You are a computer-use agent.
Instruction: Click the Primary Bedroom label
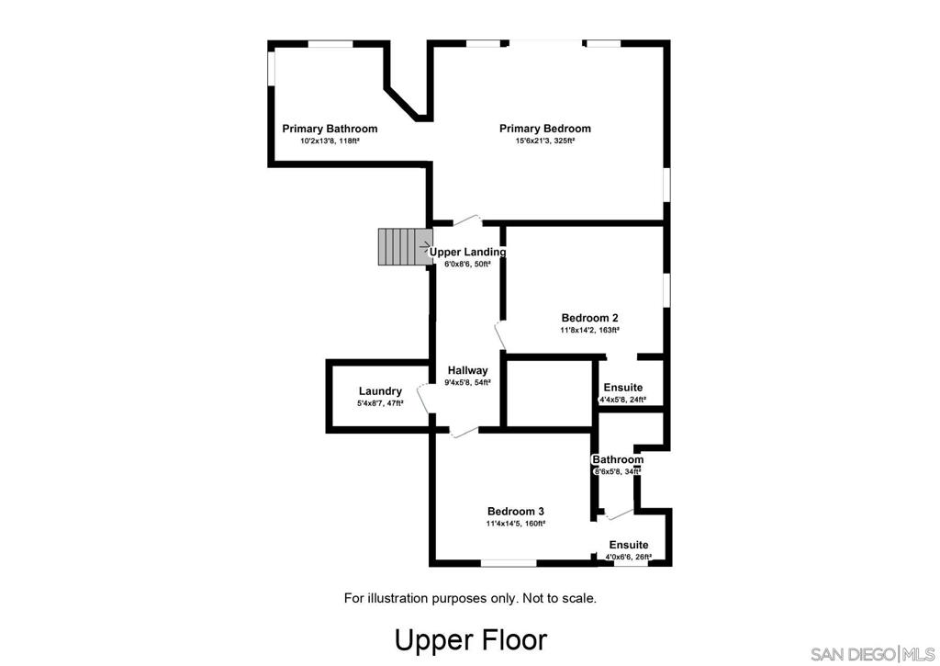(544, 129)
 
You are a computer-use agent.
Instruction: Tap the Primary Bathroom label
(330, 129)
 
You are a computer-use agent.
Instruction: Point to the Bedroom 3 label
(516, 512)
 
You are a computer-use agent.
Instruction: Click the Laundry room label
(380, 391)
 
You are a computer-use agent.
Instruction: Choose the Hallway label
(468, 370)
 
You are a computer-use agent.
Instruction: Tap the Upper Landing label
(468, 252)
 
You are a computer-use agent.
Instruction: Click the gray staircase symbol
(402, 247)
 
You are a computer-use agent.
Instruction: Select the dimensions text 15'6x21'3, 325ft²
(544, 141)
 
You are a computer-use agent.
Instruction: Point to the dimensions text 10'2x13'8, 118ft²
(330, 141)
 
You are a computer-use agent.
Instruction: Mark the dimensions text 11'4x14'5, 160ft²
(516, 524)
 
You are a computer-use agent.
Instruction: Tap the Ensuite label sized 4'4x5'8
(622, 388)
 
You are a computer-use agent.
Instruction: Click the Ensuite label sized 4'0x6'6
(629, 545)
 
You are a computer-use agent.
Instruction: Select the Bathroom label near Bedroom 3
(618, 459)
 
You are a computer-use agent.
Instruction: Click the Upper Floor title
(471, 639)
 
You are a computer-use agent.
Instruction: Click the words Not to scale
(559, 598)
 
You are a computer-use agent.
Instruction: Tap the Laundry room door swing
(425, 400)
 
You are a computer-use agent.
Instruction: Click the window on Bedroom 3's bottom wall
(509, 562)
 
